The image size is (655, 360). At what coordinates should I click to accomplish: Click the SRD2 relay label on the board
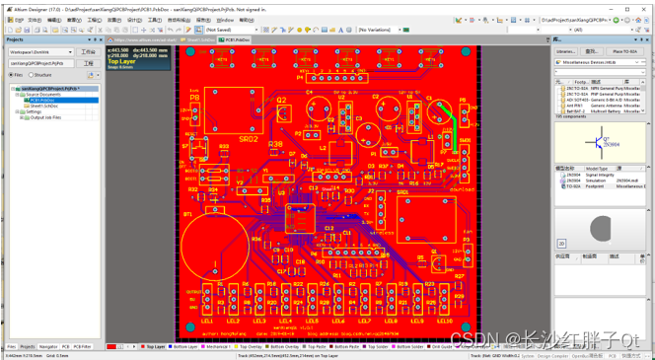coord(249,139)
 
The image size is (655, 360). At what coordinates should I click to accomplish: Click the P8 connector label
coord(194,99)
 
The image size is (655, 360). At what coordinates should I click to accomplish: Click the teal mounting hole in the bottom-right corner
coord(464,327)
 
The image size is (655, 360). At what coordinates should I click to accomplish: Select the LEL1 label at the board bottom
coord(208,321)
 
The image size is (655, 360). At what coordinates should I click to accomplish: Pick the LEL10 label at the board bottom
coord(446,321)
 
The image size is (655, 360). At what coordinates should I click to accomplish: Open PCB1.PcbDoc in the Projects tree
coord(42,101)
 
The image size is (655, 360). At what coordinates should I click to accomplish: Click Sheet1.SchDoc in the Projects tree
coord(44,106)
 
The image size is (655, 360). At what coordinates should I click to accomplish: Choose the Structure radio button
coord(32,75)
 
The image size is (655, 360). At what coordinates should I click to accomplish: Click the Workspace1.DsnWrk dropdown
coord(39,52)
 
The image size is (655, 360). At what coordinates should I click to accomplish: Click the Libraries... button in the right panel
coord(566,51)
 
